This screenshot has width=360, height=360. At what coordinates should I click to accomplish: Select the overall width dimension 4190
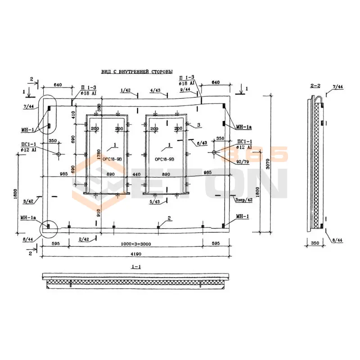135,254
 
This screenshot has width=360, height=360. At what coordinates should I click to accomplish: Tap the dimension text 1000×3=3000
135,243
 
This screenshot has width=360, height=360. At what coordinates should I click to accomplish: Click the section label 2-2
315,85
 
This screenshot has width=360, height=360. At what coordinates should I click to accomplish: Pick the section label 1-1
136,267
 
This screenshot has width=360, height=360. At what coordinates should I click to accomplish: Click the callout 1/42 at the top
126,90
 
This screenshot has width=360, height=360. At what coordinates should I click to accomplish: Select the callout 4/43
155,90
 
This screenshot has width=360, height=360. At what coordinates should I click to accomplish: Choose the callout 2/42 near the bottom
84,238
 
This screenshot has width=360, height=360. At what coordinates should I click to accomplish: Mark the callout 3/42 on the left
28,201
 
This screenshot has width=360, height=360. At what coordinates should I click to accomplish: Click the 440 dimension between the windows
136,174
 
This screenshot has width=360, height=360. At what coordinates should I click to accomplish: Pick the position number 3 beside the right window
198,124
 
